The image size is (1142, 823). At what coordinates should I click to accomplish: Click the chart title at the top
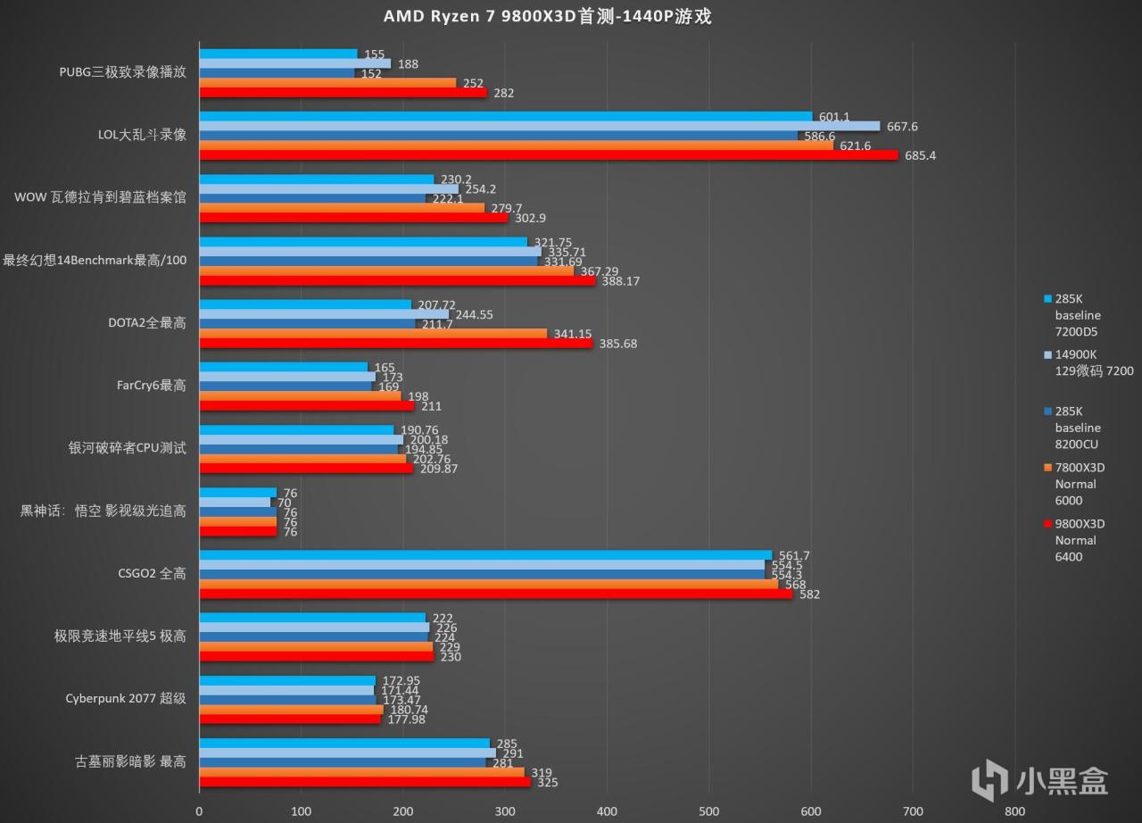(x=547, y=17)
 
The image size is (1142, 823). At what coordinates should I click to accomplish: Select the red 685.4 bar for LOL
(x=548, y=155)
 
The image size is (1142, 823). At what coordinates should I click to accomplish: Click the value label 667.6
(x=901, y=127)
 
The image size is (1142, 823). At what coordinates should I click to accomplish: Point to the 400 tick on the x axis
(x=607, y=811)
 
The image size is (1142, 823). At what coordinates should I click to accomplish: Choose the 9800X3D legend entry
(x=1079, y=540)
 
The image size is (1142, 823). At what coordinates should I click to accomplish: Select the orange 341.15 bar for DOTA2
(x=373, y=334)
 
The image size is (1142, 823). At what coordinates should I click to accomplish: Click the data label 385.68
(x=617, y=344)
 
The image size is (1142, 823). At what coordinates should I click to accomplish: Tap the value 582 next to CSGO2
(x=809, y=594)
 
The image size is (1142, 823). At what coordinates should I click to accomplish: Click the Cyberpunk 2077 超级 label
(x=126, y=698)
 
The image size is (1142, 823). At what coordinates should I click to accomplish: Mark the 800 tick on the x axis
(x=1014, y=811)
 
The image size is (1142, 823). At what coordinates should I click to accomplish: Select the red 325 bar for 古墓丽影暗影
(x=364, y=782)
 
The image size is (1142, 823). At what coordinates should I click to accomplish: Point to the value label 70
(x=285, y=503)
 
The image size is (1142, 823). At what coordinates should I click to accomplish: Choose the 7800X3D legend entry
(x=1079, y=484)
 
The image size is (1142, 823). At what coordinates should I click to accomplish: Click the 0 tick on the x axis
(x=199, y=811)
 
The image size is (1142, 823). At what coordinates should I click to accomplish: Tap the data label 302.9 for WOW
(x=530, y=218)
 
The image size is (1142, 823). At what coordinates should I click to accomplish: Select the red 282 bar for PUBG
(x=343, y=93)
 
